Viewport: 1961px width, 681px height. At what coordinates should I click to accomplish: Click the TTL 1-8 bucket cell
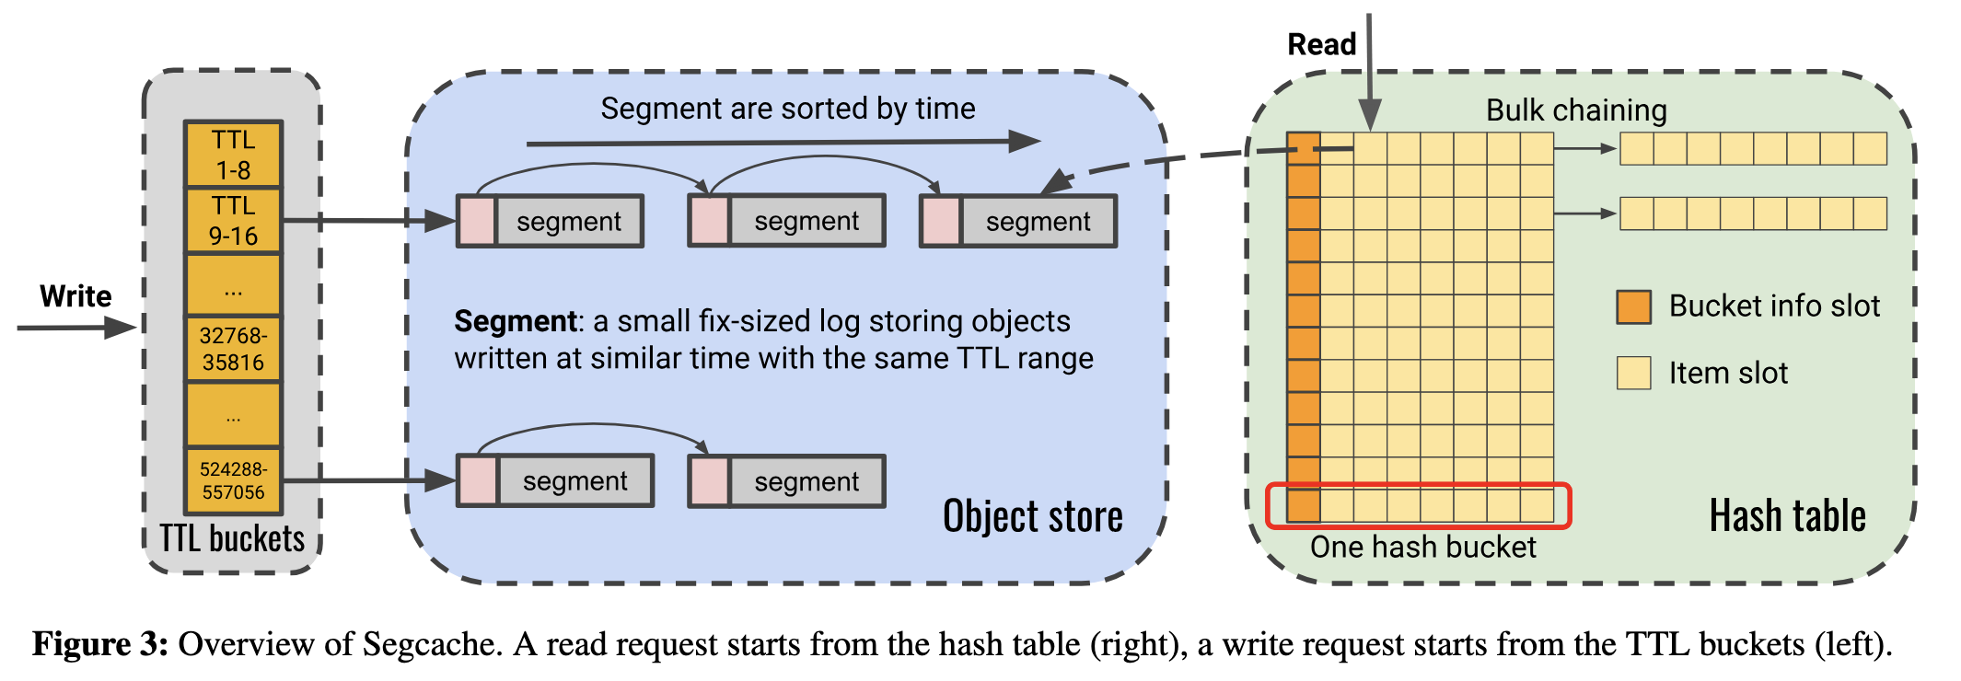(x=233, y=155)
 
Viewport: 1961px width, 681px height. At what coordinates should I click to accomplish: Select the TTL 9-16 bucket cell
(x=233, y=221)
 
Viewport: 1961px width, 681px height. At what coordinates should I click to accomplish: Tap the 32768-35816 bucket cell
(x=233, y=349)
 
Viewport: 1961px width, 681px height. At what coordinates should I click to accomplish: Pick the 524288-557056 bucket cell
(x=233, y=480)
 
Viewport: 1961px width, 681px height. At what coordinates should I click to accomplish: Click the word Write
(x=75, y=296)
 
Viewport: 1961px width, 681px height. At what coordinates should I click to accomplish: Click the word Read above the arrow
(x=1321, y=44)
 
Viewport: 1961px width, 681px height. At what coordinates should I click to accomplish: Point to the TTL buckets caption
(x=232, y=539)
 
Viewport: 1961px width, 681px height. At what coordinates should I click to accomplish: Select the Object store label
(x=1032, y=516)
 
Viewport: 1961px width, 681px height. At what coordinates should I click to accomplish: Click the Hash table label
(x=1787, y=515)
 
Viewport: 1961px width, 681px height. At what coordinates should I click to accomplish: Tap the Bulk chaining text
(x=1576, y=110)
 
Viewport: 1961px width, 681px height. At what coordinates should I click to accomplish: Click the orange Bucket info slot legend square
(x=1633, y=306)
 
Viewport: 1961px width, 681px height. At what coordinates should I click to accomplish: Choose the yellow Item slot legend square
(x=1633, y=373)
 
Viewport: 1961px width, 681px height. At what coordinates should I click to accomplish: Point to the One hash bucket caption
(x=1422, y=548)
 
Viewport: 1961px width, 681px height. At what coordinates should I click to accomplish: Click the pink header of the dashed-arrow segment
(x=941, y=222)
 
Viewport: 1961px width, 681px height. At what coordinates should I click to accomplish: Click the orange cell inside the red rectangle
(x=1303, y=505)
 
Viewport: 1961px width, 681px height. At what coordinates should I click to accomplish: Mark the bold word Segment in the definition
(x=515, y=321)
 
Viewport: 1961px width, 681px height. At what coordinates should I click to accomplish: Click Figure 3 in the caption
(x=99, y=644)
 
